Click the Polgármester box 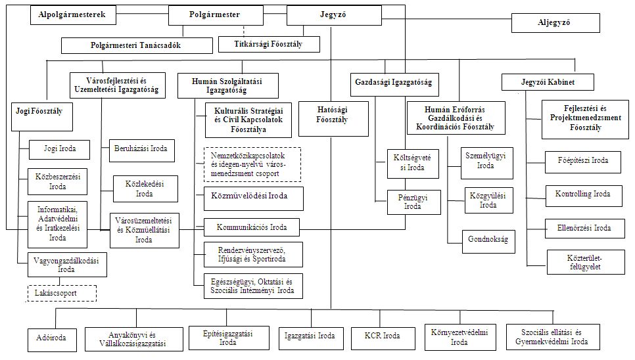point(214,14)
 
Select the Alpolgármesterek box point(72,14)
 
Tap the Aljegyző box point(555,23)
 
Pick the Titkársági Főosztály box point(277,44)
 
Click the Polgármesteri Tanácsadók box point(137,45)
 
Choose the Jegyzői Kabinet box point(547,82)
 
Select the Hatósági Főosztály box point(333,119)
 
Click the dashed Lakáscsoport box point(61,293)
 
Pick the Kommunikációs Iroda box point(251,227)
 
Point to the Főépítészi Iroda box point(582,160)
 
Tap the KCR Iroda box point(383,336)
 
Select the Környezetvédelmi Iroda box point(459,337)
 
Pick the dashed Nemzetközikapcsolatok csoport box point(252,164)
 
